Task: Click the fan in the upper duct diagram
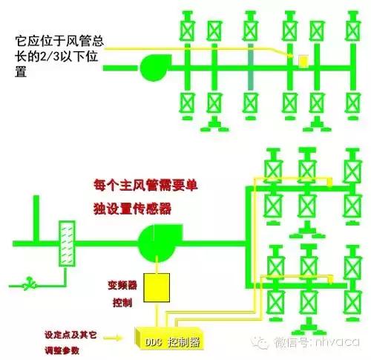click(x=154, y=68)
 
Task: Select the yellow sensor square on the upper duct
click(x=302, y=60)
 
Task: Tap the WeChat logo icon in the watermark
click(x=260, y=342)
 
